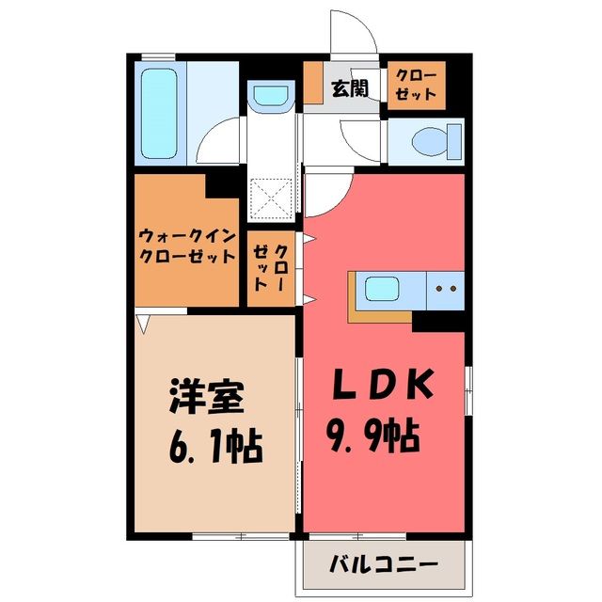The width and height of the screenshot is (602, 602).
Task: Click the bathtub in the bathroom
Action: click(x=159, y=113)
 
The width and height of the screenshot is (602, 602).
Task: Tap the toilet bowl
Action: click(x=436, y=141)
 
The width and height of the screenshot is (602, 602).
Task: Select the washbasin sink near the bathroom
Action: click(x=271, y=95)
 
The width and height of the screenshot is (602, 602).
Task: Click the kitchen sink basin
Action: click(x=382, y=289)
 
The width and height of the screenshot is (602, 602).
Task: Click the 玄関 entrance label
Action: click(x=350, y=88)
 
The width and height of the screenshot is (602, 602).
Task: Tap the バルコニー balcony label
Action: click(x=384, y=564)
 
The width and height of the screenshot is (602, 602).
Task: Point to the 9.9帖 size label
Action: click(x=373, y=436)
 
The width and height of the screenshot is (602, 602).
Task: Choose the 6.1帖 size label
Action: click(x=215, y=448)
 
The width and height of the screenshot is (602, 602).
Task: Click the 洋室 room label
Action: click(x=207, y=396)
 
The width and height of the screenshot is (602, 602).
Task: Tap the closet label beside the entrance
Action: click(x=416, y=86)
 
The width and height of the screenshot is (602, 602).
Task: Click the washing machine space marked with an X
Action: click(x=271, y=198)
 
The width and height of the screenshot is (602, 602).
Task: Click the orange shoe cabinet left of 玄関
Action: click(x=313, y=83)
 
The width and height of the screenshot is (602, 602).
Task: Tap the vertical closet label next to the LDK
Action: click(x=270, y=268)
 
